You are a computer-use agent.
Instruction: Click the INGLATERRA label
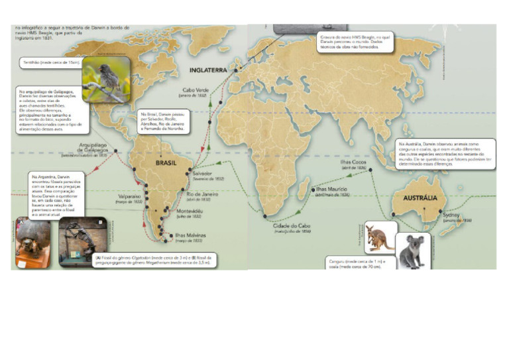tap(208, 70)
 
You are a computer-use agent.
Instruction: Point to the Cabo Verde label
tap(196, 90)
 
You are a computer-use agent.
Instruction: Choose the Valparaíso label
tap(129, 197)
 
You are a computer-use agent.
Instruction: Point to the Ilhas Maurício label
tap(337, 190)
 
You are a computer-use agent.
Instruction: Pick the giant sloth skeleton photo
tap(81, 241)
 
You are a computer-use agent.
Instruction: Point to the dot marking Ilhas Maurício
tap(312, 189)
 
